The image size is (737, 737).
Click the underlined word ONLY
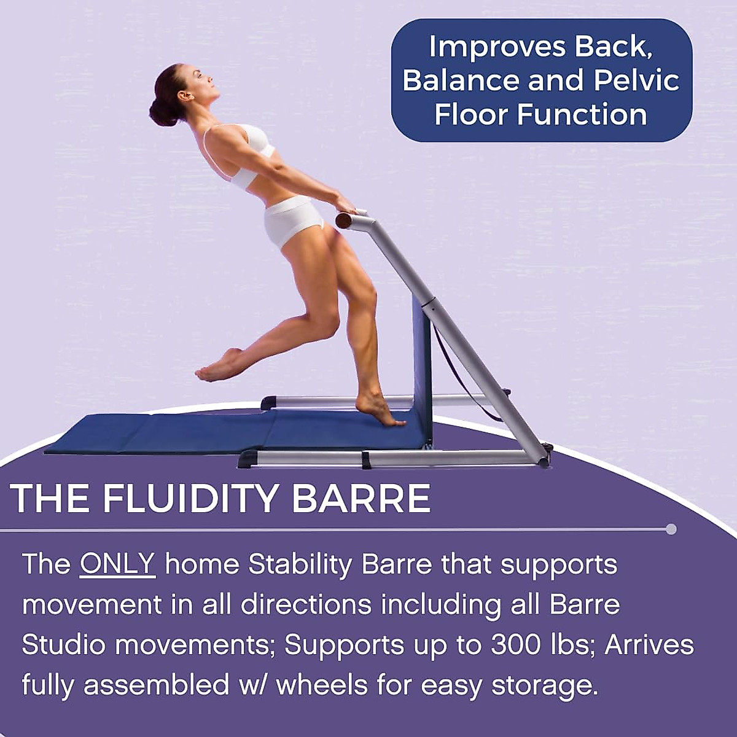(117, 564)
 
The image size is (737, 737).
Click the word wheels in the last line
(322, 685)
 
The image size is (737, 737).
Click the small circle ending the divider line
(671, 529)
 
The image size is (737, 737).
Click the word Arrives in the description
(649, 645)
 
